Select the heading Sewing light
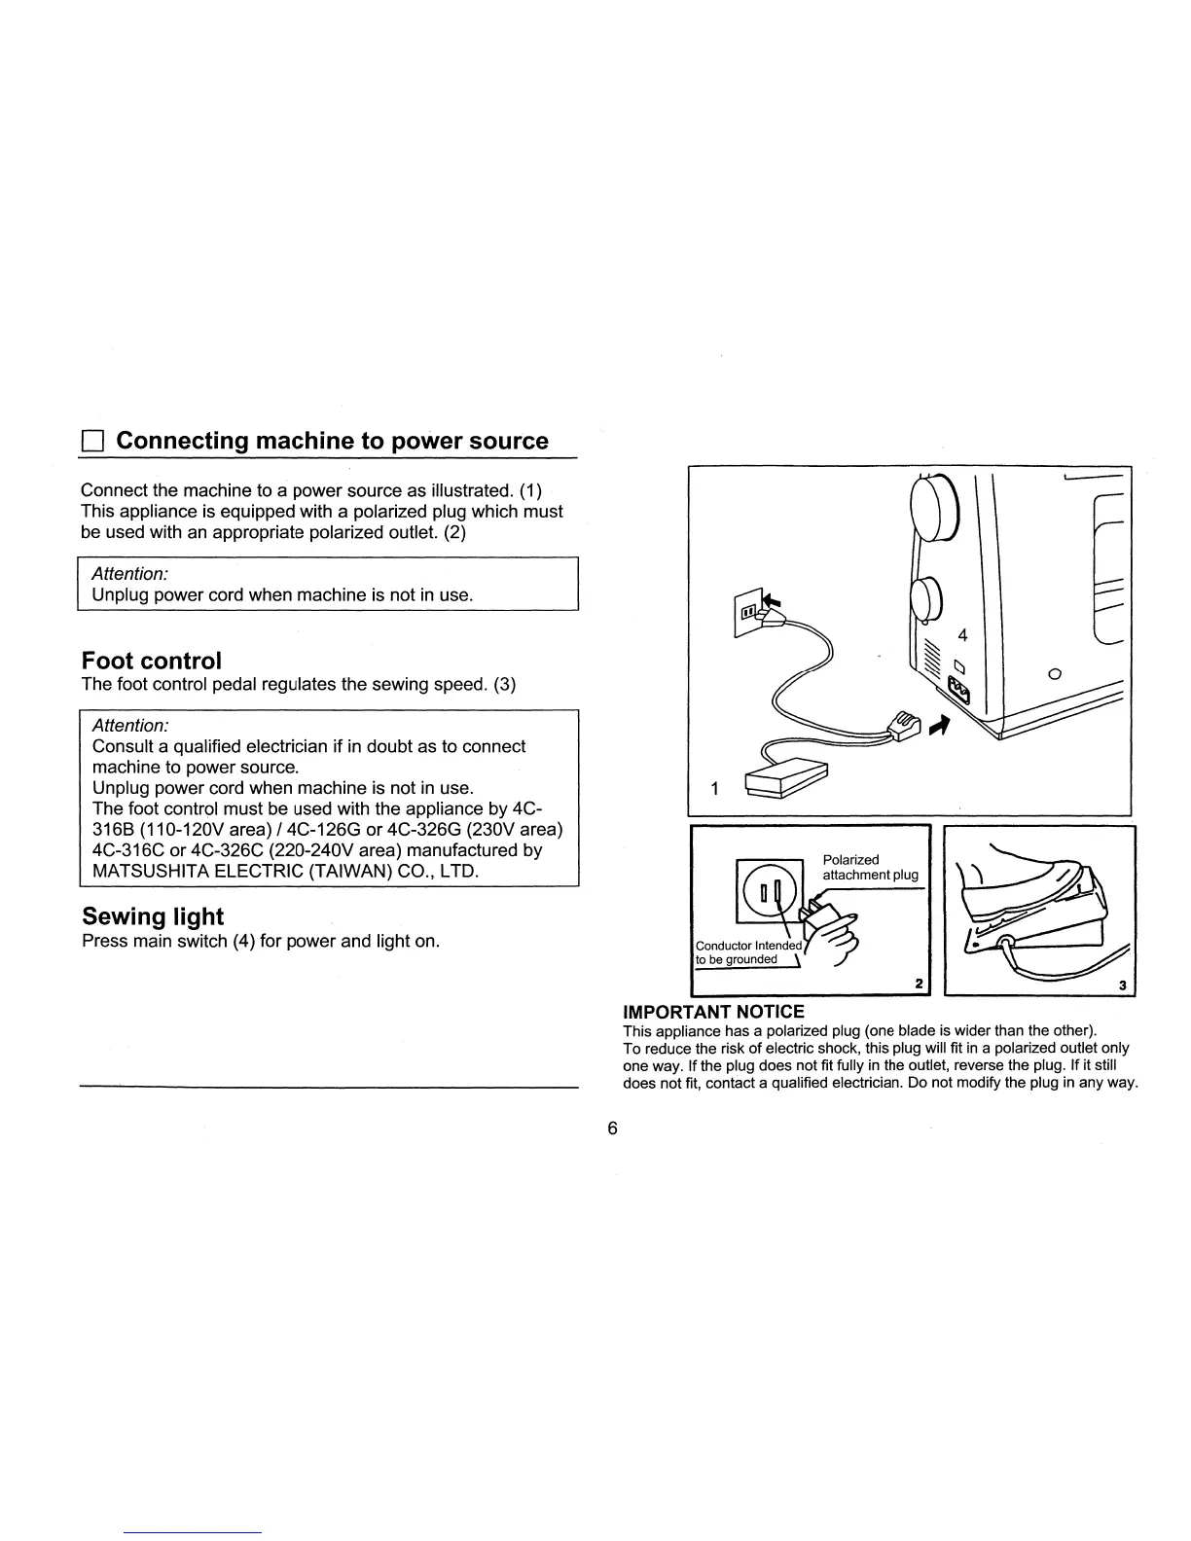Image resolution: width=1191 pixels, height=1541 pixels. click(x=153, y=916)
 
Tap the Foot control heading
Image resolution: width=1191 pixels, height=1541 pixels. click(x=152, y=662)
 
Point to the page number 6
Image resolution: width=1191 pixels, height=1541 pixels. click(x=612, y=1129)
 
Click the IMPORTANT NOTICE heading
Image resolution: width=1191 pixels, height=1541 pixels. click(x=713, y=1012)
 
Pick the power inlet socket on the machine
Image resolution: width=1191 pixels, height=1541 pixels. click(x=959, y=693)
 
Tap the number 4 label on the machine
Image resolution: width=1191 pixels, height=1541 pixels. click(x=963, y=635)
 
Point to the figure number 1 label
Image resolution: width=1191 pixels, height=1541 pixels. click(x=715, y=789)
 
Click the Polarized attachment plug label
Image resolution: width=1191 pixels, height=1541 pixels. click(x=870, y=867)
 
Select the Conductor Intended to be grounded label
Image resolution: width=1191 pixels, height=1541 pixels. click(x=747, y=952)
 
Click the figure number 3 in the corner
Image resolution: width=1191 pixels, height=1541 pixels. click(x=1122, y=986)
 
